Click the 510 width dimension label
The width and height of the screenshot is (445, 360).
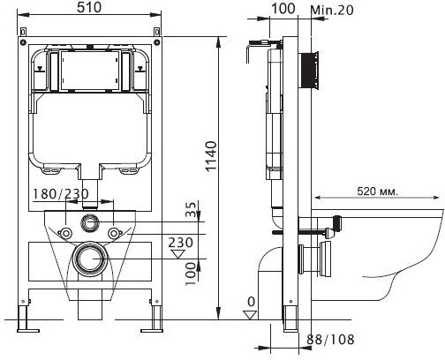(89, 7)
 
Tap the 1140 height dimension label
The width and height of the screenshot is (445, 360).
(211, 156)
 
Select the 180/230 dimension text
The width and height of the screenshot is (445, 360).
(60, 194)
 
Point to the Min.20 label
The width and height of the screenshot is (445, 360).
(332, 10)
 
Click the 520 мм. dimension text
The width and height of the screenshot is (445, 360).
(377, 191)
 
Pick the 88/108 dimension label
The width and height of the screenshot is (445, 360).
(330, 340)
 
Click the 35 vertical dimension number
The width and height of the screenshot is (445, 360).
(191, 209)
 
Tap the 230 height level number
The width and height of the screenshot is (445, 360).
(181, 243)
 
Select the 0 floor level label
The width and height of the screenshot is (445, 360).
(251, 302)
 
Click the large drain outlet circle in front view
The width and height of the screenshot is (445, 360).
(90, 259)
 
